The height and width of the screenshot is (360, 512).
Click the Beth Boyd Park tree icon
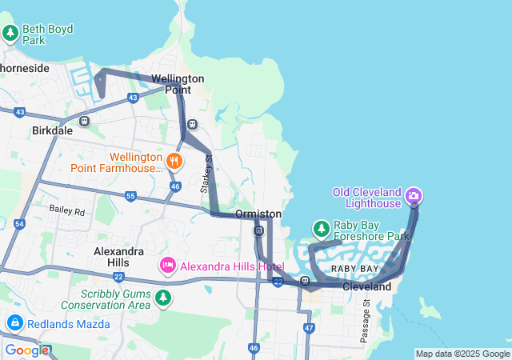pos(10,34)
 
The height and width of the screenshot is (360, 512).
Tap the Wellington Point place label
pos(178,84)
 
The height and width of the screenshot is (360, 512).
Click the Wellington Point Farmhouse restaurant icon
pos(174,162)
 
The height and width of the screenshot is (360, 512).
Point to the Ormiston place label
pos(258,214)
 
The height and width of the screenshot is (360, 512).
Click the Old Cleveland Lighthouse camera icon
pos(414,195)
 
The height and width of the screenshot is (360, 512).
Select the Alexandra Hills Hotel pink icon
pos(168,265)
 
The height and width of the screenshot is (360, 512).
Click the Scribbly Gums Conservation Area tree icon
pos(163,298)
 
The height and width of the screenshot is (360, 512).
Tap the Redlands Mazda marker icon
pos(14,322)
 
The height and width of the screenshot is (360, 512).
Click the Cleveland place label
pos(367,286)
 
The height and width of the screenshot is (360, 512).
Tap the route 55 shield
pos(130,196)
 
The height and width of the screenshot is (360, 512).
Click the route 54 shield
pos(19,224)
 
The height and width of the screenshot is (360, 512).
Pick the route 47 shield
pos(310,328)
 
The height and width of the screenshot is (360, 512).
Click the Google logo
pos(26,350)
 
